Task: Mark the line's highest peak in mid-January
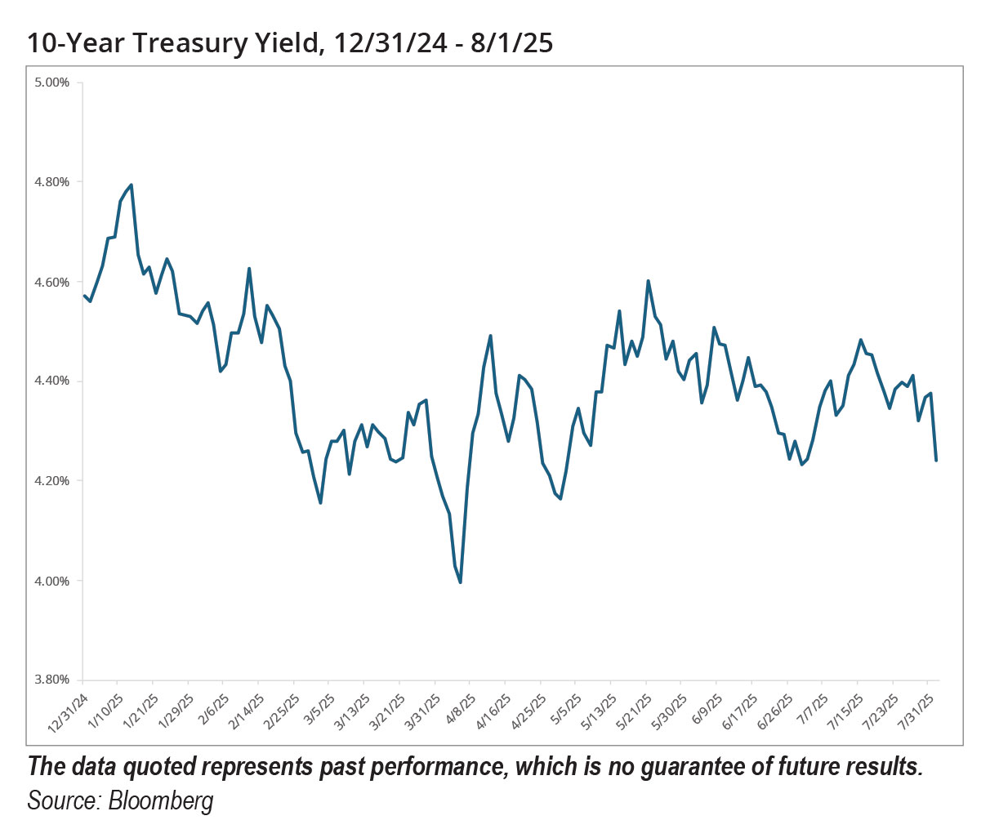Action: pos(132,185)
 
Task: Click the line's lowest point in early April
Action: pos(461,582)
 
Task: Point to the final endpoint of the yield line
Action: pos(935,461)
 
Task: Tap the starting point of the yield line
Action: pos(84,296)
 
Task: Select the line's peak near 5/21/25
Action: pos(648,281)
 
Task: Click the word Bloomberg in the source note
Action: pos(161,800)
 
